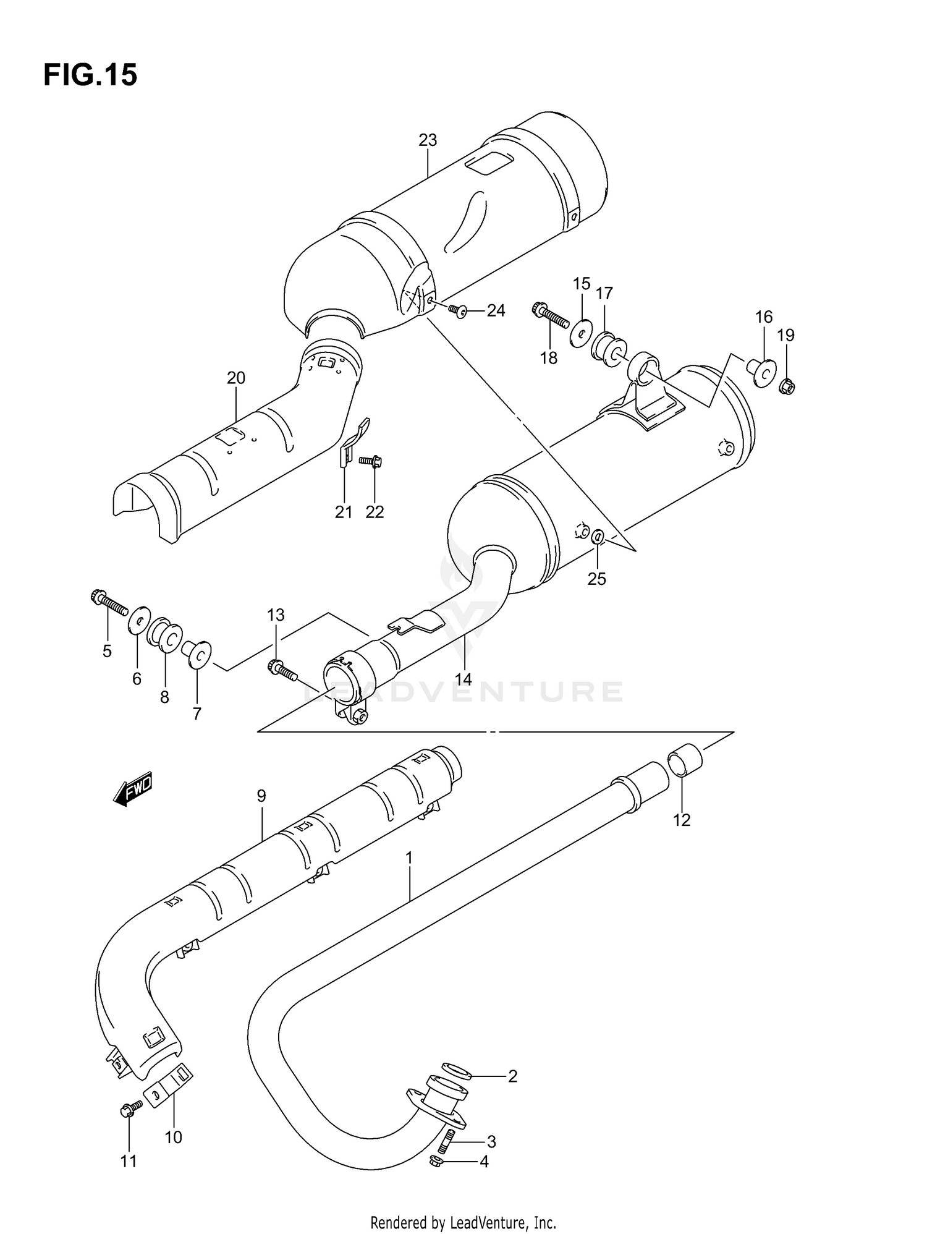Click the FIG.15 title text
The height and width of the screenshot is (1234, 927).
tap(90, 75)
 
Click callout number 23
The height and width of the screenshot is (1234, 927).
tap(428, 140)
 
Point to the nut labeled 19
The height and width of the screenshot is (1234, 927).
tap(787, 387)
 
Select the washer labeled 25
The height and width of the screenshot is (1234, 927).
tap(597, 537)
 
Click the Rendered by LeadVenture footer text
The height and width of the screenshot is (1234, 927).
tap(463, 1222)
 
